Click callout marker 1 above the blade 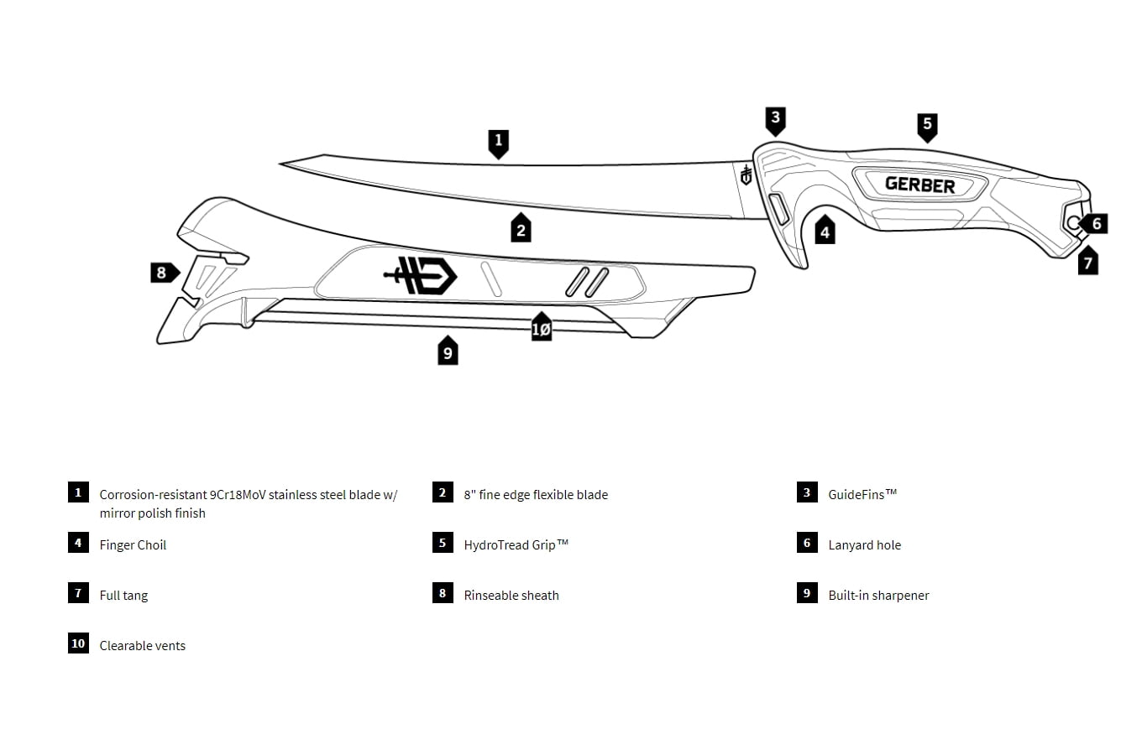click(498, 142)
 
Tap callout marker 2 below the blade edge click(521, 229)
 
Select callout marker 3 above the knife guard click(775, 119)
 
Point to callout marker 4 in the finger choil click(825, 232)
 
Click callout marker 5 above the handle click(927, 126)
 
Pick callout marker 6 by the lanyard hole click(1095, 224)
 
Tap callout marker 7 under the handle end click(1087, 263)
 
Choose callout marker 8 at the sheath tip click(163, 273)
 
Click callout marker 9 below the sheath click(448, 352)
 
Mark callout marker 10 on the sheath click(542, 329)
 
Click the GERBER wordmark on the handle click(919, 185)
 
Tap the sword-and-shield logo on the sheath click(421, 275)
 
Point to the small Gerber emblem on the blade click(745, 174)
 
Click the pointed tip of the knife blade click(282, 164)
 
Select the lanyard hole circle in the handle click(1073, 221)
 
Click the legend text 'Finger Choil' click(133, 545)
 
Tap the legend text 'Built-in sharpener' click(878, 596)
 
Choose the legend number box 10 click(78, 643)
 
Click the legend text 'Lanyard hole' click(864, 545)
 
